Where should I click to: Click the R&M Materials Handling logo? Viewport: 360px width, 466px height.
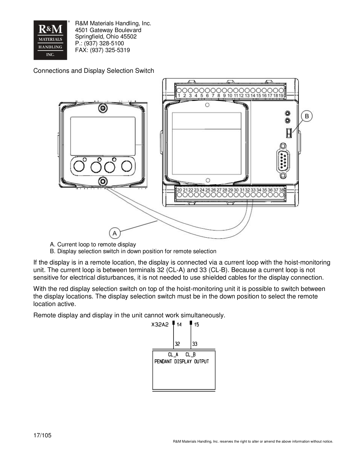click(50, 40)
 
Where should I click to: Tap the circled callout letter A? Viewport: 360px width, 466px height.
click(115, 233)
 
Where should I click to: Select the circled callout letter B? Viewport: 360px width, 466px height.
click(306, 116)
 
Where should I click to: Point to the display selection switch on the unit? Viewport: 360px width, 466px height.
click(289, 133)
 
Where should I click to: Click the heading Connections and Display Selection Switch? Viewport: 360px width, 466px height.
click(94, 71)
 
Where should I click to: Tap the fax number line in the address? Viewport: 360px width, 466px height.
click(102, 50)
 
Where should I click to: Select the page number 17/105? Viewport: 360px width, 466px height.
click(42, 435)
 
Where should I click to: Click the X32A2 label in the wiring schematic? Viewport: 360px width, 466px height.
click(160, 325)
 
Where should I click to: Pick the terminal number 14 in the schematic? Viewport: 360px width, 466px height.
click(179, 325)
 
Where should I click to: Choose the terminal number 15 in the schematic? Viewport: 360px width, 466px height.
click(197, 325)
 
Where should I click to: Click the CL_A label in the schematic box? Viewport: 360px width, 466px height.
click(173, 355)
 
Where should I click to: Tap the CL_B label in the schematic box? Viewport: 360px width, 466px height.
click(191, 355)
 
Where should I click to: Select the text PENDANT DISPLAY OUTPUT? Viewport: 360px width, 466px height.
click(182, 361)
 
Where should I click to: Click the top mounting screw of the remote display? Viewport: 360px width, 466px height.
click(102, 109)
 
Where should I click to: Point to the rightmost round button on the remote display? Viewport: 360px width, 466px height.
click(126, 166)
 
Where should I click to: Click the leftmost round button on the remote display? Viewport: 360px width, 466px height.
click(79, 166)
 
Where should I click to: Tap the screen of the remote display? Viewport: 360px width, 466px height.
click(103, 136)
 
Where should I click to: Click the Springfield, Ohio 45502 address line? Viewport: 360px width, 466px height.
click(106, 37)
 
